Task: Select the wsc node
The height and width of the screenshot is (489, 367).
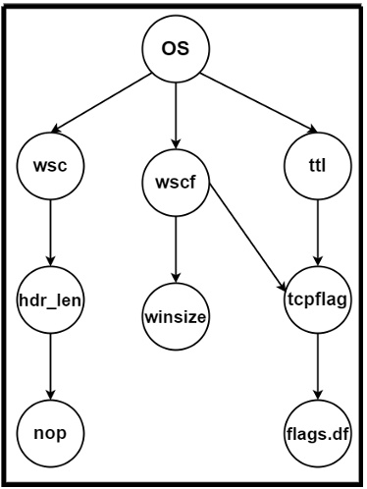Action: [x=49, y=166]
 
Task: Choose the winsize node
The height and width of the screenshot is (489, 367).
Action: [x=176, y=317]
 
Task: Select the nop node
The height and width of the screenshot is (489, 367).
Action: [x=49, y=432]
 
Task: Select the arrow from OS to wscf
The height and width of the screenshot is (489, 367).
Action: [x=176, y=113]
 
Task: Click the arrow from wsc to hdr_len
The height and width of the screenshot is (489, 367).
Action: [x=49, y=233]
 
